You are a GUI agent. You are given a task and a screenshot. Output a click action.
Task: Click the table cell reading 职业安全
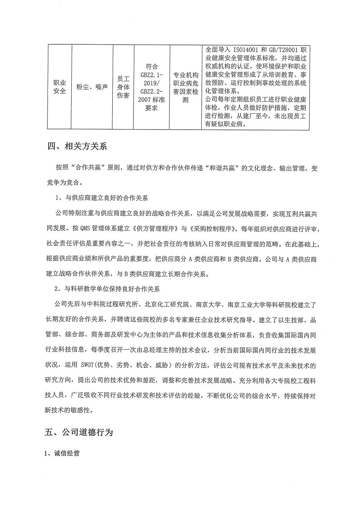[x=60, y=87]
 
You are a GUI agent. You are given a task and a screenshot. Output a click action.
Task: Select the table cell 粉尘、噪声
[x=92, y=87]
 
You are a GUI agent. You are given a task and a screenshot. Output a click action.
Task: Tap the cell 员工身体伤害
[x=123, y=87]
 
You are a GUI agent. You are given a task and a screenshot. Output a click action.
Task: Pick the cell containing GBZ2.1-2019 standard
[x=151, y=87]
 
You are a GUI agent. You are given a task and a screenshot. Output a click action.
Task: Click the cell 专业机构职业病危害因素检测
[x=185, y=87]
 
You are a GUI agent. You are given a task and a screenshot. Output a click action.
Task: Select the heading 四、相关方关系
[x=77, y=147]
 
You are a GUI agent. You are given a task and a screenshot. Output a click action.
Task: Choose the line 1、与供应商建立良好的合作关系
[x=101, y=198]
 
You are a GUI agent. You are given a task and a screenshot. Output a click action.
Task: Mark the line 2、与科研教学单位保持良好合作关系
[x=107, y=289]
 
